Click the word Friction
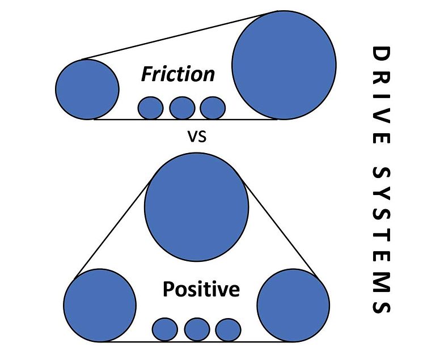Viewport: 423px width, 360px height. [178, 74]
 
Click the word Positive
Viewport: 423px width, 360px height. [201, 290]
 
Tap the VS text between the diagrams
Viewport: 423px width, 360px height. [196, 137]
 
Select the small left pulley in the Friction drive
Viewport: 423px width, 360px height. [87, 89]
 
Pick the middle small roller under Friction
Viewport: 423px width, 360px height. [182, 108]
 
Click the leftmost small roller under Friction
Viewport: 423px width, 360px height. [151, 108]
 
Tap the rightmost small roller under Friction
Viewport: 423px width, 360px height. [213, 108]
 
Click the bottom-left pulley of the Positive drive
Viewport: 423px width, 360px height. [100, 306]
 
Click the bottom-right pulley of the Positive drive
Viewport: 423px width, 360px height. [293, 306]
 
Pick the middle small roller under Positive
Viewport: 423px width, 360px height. [197, 329]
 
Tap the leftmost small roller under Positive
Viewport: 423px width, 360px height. [166, 329]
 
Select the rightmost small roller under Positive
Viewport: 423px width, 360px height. [228, 329]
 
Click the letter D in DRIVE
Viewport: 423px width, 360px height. [380, 55]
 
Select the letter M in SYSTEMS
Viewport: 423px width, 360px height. [380, 278]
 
